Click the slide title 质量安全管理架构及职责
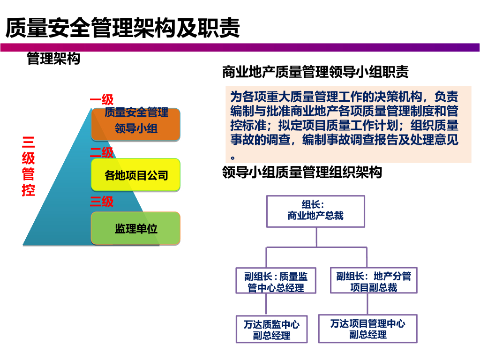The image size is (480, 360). [123, 28]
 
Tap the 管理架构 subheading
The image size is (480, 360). [53, 59]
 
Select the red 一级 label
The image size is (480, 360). [102, 100]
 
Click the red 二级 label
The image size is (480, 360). [102, 152]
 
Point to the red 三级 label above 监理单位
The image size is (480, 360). [102, 202]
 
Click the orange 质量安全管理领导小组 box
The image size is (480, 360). [136, 125]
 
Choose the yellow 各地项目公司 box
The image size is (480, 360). [136, 175]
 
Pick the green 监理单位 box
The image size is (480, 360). [136, 228]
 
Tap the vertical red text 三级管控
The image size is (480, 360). [28, 166]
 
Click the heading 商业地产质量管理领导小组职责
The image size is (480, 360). [315, 72]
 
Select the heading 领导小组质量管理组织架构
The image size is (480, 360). [302, 172]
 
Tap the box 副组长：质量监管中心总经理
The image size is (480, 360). [276, 281]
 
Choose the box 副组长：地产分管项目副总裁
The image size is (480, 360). [373, 281]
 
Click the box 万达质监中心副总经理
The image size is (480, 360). [271, 330]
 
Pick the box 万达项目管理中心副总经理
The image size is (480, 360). [367, 329]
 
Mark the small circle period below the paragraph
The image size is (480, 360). [233, 157]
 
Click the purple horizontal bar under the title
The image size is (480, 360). [240, 47]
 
